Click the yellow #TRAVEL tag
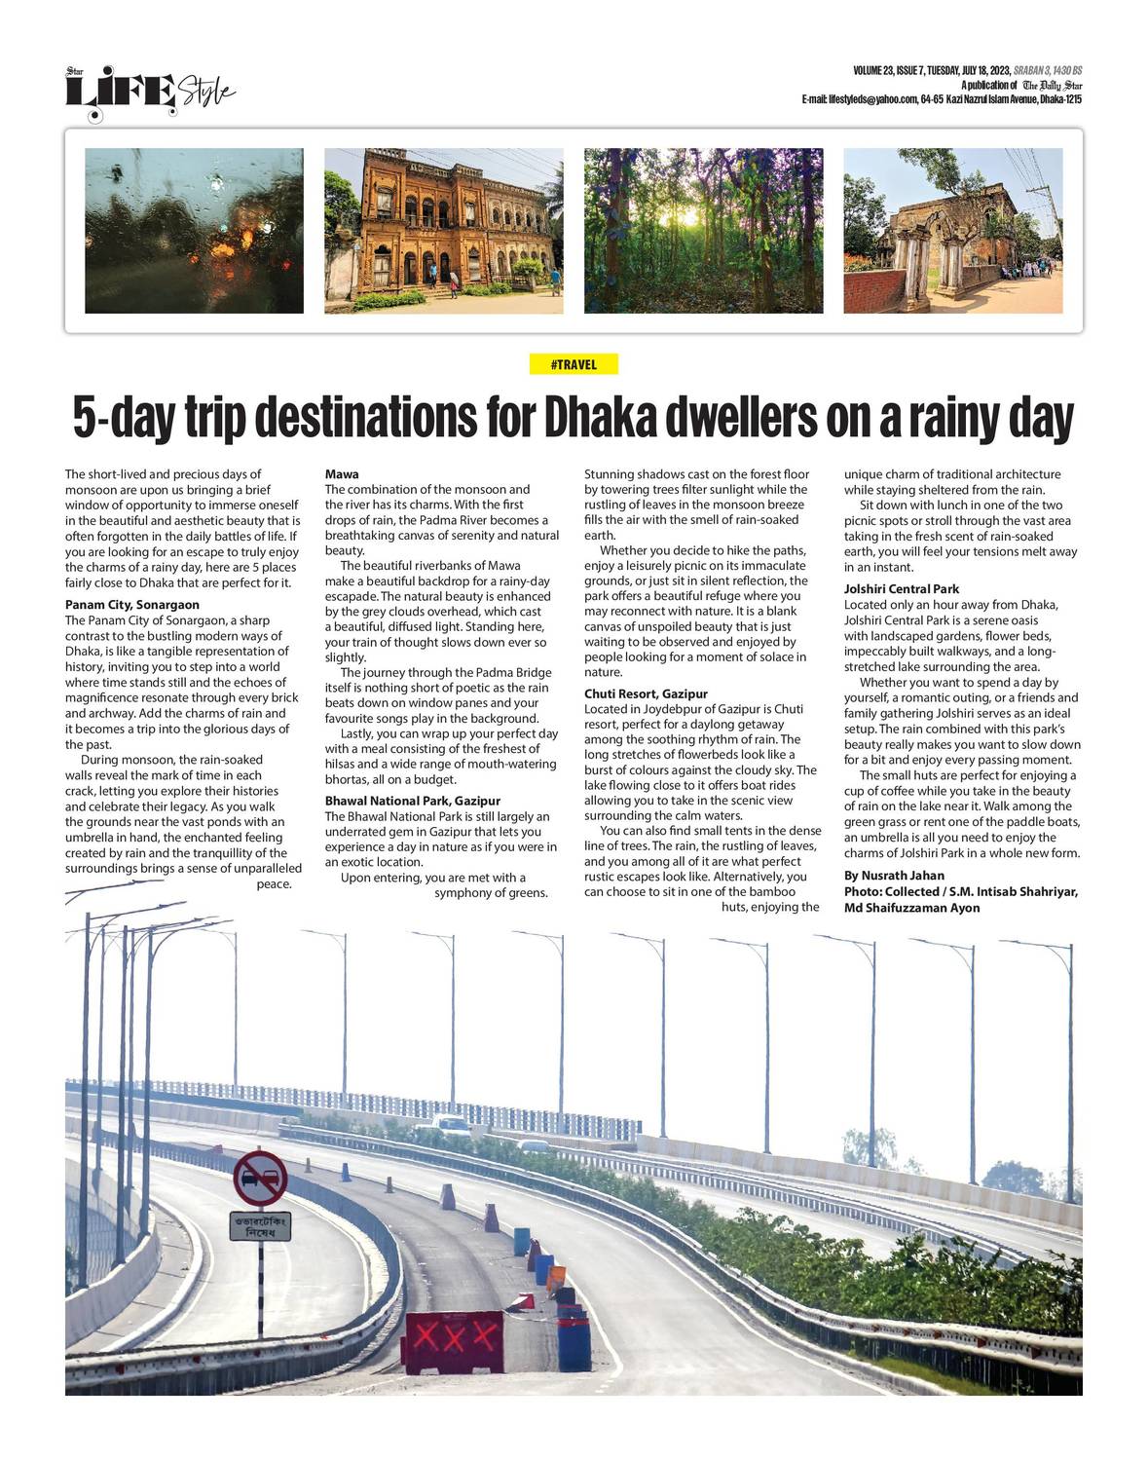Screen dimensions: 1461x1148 (574, 364)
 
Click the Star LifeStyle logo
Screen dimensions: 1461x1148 (150, 92)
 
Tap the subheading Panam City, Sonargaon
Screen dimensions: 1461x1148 (131, 605)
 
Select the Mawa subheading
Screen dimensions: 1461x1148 (342, 474)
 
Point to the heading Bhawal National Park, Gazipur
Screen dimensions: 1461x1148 (412, 801)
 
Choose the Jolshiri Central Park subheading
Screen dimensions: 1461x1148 (901, 589)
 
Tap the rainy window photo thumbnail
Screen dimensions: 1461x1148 (195, 231)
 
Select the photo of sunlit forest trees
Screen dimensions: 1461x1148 (703, 231)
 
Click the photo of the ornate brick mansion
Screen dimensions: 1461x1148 (443, 231)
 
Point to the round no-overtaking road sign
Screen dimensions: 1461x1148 (260, 1178)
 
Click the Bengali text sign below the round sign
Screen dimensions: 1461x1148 (260, 1226)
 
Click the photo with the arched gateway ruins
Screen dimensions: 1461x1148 (952, 231)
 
